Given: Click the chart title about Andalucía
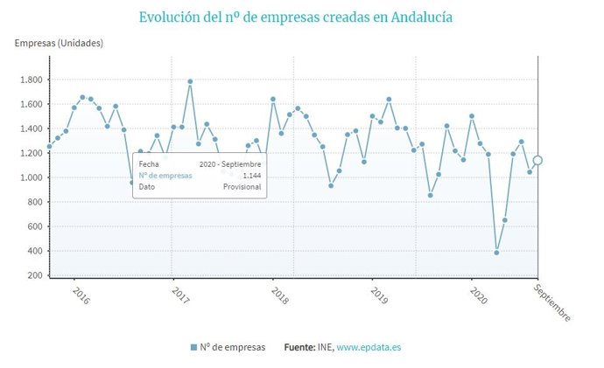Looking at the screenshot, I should coord(301,17).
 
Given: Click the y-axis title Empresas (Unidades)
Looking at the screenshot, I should coord(59,44).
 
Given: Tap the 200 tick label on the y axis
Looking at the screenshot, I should coord(35,275).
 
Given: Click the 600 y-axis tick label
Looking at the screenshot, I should coord(35,226).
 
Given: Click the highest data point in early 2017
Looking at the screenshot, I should coord(190,81).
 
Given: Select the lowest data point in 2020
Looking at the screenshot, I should coord(496,253).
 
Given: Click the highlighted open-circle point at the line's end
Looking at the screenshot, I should coord(537,160).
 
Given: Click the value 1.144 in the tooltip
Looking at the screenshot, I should coord(251,175).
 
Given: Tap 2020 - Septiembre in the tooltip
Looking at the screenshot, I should coord(230,163).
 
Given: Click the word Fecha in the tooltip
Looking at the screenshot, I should coord(149,163).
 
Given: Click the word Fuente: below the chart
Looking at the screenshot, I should coord(303,348).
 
